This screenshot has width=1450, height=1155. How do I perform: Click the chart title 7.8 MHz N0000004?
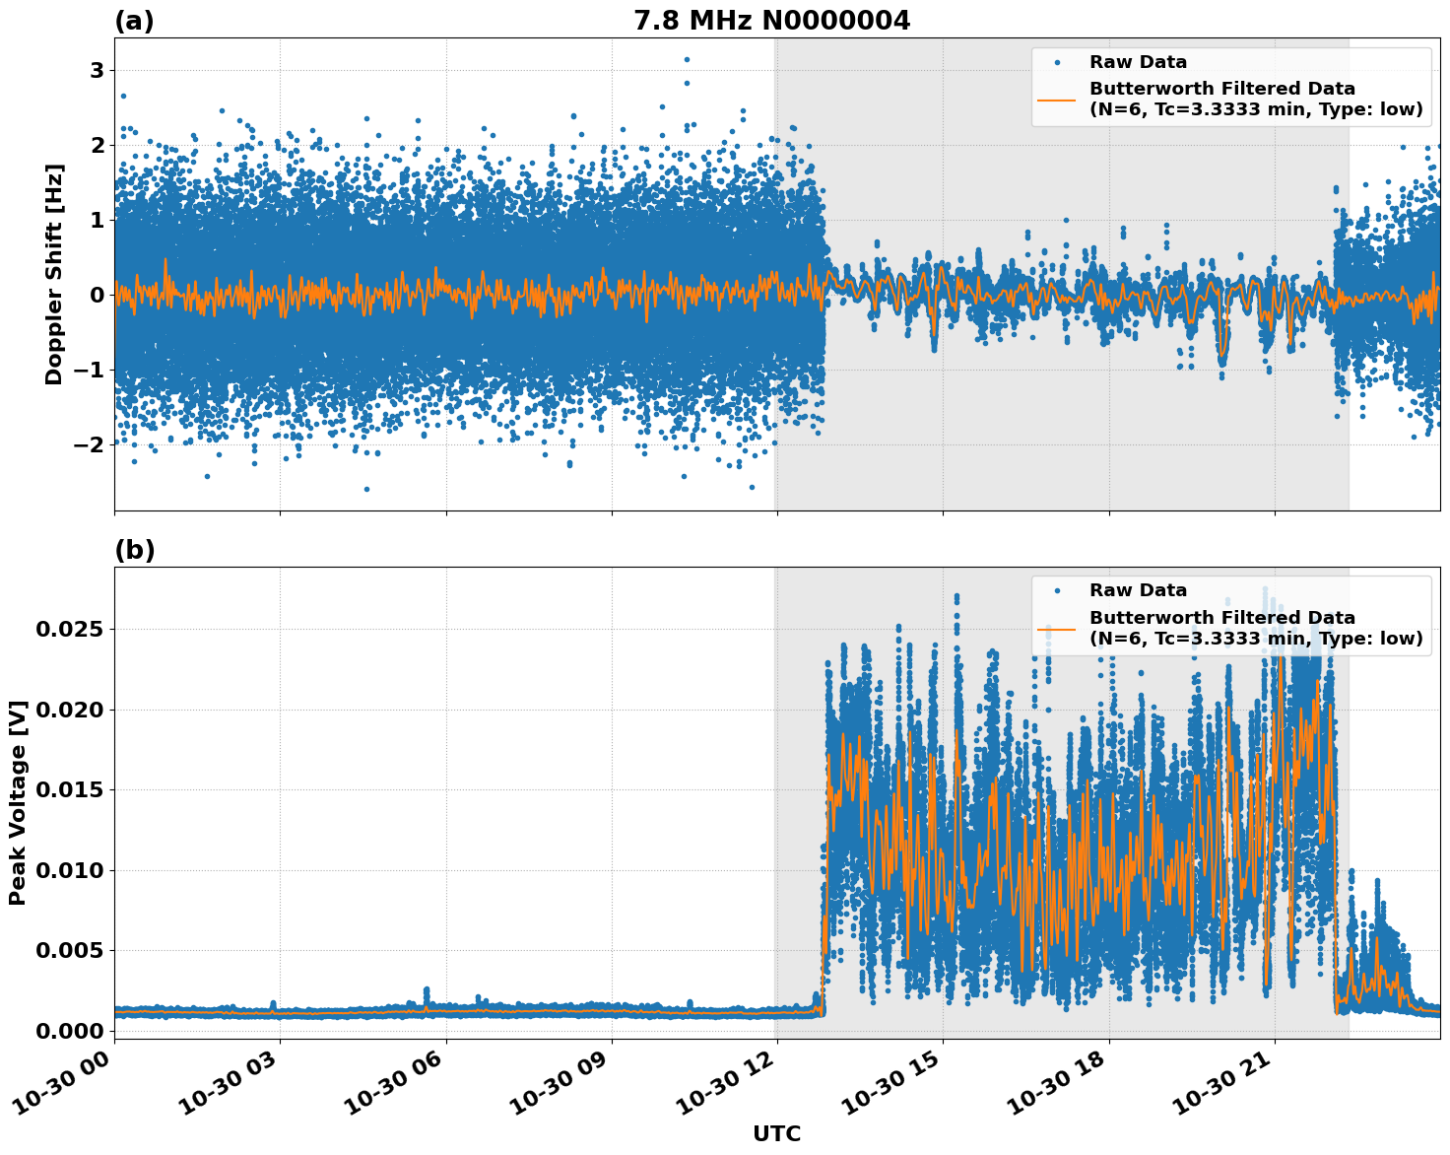pyautogui.click(x=771, y=20)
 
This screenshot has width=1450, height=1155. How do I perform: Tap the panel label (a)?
pyautogui.click(x=134, y=21)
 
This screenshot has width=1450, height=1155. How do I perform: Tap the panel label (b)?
pyautogui.click(x=134, y=550)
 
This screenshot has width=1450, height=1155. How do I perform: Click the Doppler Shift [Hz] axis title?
pyautogui.click(x=54, y=274)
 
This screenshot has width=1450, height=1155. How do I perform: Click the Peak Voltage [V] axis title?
pyautogui.click(x=17, y=802)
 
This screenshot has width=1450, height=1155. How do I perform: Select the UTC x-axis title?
pyautogui.click(x=776, y=1133)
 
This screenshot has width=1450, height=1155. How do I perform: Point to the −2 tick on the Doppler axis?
pyautogui.click(x=90, y=444)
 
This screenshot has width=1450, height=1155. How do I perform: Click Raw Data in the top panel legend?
pyautogui.click(x=1138, y=62)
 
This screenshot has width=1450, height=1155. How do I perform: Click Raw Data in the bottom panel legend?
pyautogui.click(x=1138, y=590)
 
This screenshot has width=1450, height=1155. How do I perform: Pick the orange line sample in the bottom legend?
pyautogui.click(x=1056, y=629)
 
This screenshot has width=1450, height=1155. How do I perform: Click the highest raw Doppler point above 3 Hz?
pyautogui.click(x=687, y=59)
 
